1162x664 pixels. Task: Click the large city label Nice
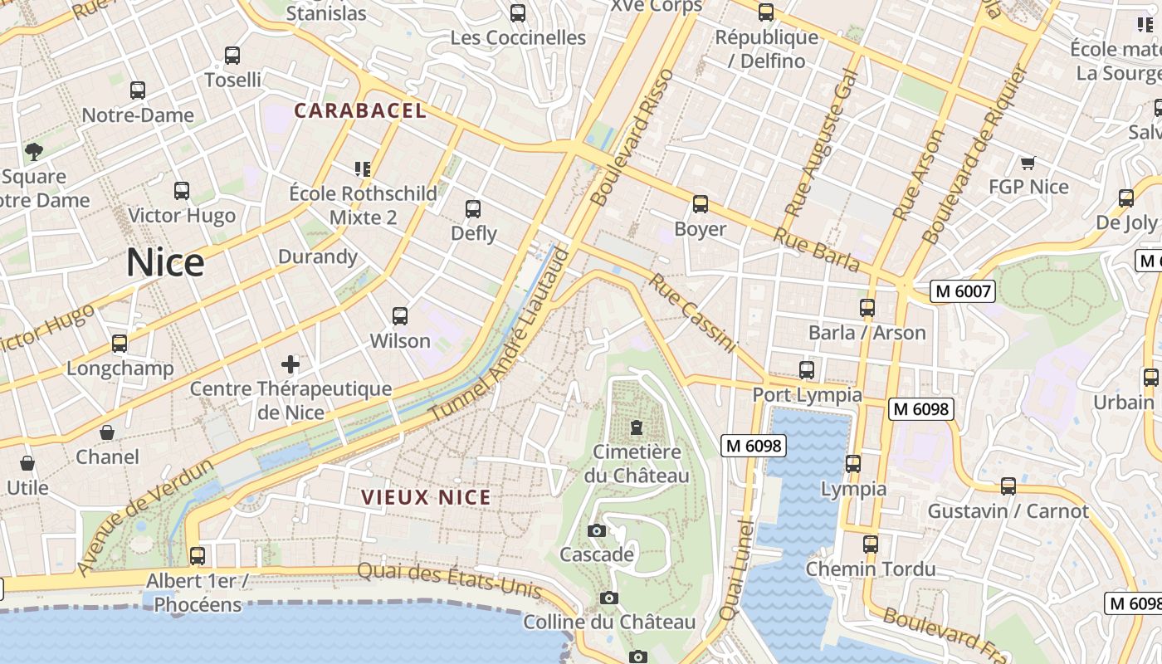[165, 263]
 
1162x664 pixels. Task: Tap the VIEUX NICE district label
[426, 498]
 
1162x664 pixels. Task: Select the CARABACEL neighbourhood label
[360, 110]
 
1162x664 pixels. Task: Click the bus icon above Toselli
[232, 56]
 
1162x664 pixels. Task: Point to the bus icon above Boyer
[701, 204]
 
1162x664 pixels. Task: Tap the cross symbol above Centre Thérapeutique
[290, 364]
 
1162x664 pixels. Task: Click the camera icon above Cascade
[596, 530]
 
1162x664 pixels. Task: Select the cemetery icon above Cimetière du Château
[637, 427]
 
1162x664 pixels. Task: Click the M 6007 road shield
[962, 291]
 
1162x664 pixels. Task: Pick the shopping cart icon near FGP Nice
[1028, 163]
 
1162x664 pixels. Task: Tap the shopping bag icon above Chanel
[107, 432]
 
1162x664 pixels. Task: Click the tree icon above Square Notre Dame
[34, 151]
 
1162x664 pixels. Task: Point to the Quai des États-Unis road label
[449, 580]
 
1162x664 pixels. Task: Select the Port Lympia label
[807, 394]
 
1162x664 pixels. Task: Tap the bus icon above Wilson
[400, 316]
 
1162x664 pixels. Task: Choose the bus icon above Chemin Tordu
[870, 544]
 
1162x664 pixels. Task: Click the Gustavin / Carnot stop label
[1008, 510]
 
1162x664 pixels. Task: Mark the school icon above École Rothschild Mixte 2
[362, 169]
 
